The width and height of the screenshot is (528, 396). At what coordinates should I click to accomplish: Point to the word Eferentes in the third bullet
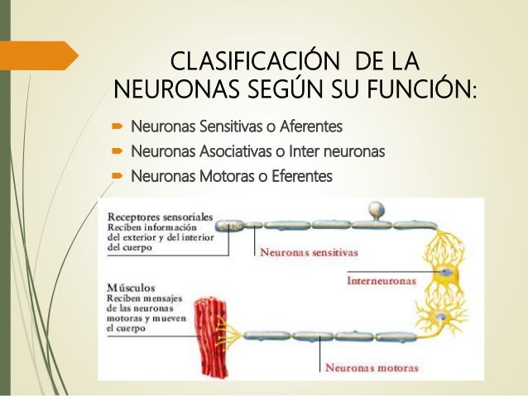[300, 177]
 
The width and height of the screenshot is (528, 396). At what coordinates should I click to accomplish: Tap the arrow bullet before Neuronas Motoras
[117, 177]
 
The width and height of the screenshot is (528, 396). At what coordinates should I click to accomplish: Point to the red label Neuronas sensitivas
[305, 253]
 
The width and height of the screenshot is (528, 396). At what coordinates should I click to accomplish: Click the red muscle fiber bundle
[212, 331]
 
